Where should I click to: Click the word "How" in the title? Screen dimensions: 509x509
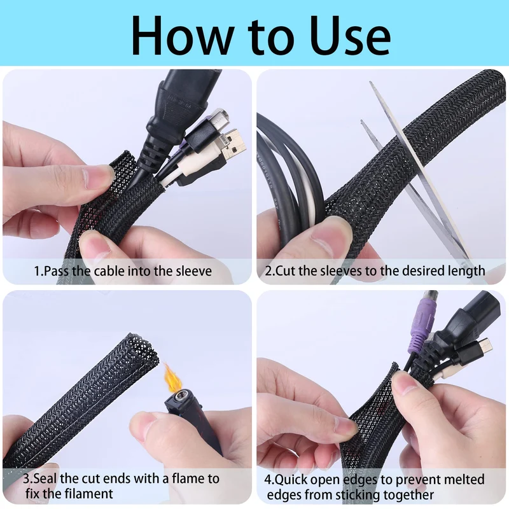click(x=183, y=35)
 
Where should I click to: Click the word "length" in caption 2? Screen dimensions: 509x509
click(x=466, y=271)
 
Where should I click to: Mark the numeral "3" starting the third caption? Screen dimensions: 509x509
click(x=26, y=479)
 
